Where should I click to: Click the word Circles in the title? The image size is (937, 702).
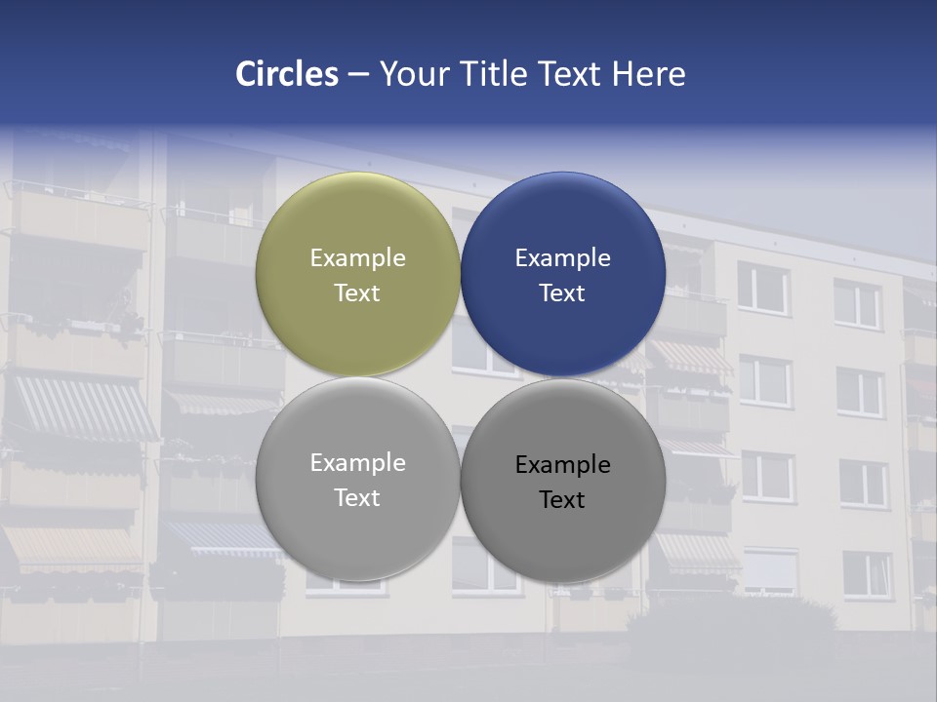click(x=286, y=74)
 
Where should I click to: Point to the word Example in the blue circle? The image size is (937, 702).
click(x=562, y=258)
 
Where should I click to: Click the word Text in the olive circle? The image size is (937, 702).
click(x=357, y=293)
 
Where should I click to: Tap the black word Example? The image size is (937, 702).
click(x=562, y=465)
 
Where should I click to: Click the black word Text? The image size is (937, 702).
click(x=562, y=500)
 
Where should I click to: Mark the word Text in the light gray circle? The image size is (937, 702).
click(x=357, y=498)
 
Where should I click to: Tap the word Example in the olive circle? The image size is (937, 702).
click(x=357, y=258)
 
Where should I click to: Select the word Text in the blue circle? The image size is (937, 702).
click(x=562, y=293)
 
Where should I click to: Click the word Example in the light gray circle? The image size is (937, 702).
click(x=357, y=463)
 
